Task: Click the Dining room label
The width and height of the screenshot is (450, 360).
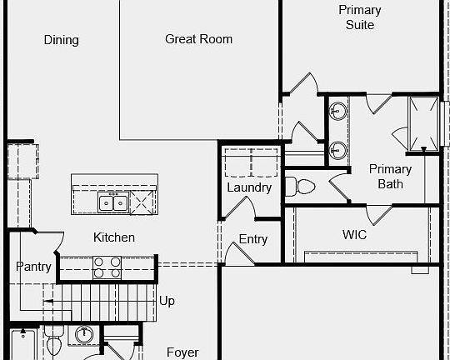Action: (x=61, y=40)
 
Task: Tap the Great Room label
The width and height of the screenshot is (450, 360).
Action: (x=198, y=39)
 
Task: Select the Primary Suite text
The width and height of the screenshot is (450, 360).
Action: (x=360, y=17)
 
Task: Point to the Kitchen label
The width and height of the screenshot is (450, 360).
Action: (x=113, y=237)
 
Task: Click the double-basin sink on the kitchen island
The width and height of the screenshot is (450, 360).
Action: (x=112, y=202)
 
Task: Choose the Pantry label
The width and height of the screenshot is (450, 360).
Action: (x=33, y=267)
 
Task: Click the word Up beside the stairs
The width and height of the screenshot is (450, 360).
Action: (x=167, y=300)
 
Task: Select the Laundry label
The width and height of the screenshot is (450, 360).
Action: (x=249, y=187)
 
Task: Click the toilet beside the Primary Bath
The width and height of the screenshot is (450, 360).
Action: (x=302, y=185)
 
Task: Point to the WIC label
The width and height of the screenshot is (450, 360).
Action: (x=354, y=234)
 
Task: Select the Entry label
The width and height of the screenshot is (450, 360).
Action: (x=253, y=240)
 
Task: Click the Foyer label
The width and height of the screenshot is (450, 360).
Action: (x=182, y=352)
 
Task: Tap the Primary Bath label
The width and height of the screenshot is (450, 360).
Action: (x=390, y=176)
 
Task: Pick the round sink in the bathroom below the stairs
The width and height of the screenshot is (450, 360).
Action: (x=83, y=335)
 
